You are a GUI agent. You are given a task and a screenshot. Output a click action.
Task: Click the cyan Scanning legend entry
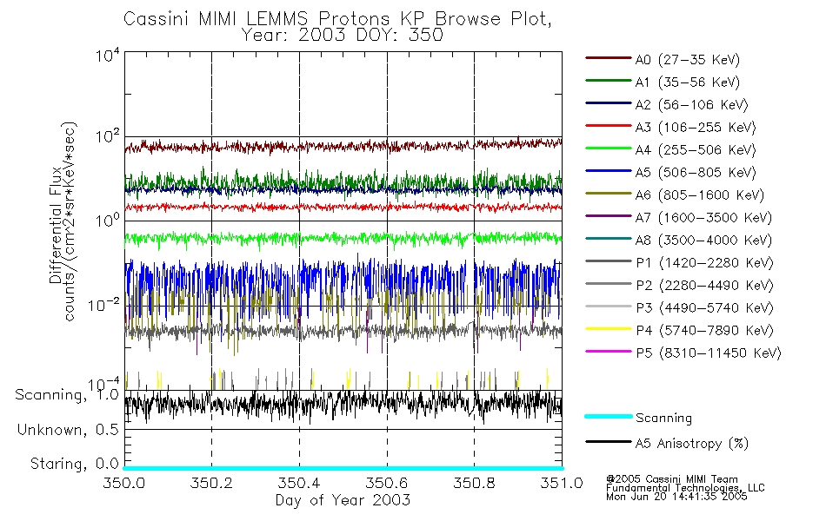point(663,419)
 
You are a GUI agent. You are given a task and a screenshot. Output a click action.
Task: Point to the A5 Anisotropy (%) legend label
point(691,445)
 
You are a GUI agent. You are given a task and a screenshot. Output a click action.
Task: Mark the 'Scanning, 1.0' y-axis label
point(67,395)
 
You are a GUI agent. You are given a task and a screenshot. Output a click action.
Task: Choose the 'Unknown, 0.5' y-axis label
point(68,430)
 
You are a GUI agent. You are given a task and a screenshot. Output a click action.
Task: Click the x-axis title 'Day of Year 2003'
point(343,501)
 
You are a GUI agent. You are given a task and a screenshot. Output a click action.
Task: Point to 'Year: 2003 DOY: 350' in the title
point(343,36)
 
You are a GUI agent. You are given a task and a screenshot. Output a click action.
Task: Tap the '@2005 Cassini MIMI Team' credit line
point(672,478)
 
